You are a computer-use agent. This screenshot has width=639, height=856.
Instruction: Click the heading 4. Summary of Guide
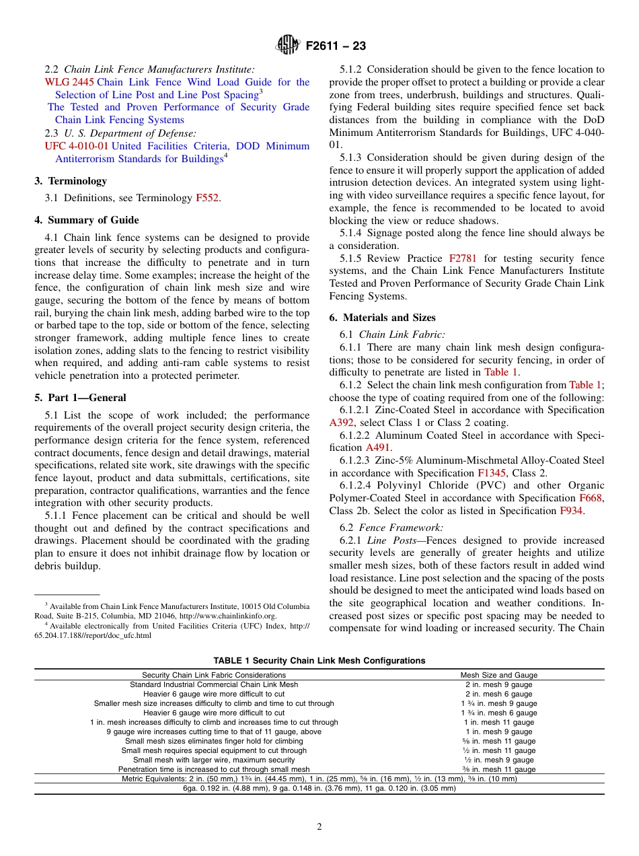[87, 220]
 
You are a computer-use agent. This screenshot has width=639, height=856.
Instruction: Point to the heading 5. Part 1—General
[80, 398]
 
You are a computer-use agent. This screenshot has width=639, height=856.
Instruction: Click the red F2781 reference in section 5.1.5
[465, 258]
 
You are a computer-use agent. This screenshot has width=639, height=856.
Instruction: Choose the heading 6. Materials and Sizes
[382, 318]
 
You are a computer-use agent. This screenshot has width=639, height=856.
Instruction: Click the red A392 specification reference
[341, 423]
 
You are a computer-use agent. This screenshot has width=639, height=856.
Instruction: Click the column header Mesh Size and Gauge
[498, 675]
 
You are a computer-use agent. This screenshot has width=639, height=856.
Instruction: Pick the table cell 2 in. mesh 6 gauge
[498, 694]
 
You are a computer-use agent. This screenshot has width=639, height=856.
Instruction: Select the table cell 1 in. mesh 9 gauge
[498, 732]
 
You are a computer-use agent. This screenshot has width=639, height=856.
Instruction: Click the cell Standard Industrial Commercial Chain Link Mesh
[214, 684]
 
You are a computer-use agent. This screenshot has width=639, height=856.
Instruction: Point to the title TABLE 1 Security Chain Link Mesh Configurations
[319, 660]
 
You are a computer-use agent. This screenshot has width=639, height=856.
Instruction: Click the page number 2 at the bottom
[319, 827]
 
